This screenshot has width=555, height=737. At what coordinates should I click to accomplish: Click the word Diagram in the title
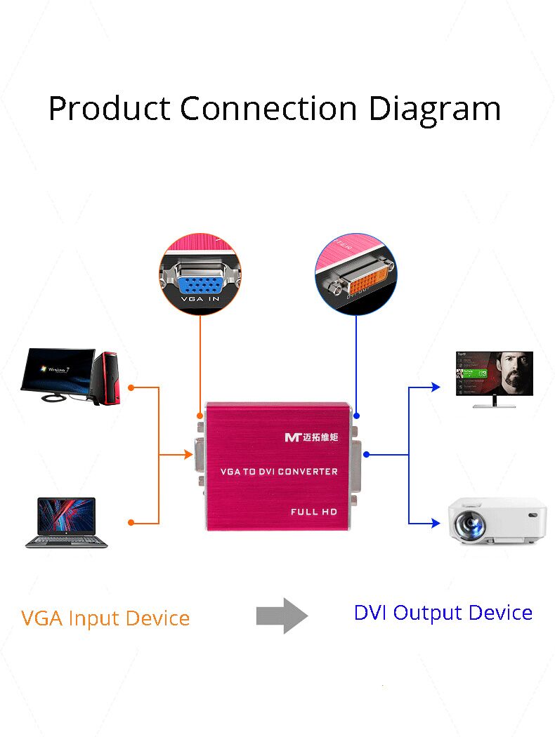click(435, 109)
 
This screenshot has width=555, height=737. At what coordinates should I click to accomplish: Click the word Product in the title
click(109, 109)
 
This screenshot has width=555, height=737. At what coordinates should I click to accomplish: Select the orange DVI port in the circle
click(359, 284)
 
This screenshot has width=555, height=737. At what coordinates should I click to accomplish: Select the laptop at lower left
click(66, 522)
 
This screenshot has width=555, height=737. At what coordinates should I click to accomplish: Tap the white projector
click(497, 521)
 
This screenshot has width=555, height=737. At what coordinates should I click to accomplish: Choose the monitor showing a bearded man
click(494, 375)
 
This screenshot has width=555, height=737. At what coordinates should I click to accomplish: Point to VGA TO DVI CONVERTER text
click(279, 471)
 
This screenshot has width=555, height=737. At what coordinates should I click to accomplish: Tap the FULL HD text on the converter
click(313, 512)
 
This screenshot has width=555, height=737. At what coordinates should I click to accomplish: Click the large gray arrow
click(282, 616)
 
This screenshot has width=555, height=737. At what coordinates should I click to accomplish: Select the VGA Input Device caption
click(105, 618)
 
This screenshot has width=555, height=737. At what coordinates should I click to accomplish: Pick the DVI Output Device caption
click(443, 613)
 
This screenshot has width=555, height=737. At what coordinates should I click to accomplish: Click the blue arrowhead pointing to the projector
click(436, 523)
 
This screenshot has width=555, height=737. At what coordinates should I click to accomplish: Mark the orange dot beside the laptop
click(131, 522)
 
